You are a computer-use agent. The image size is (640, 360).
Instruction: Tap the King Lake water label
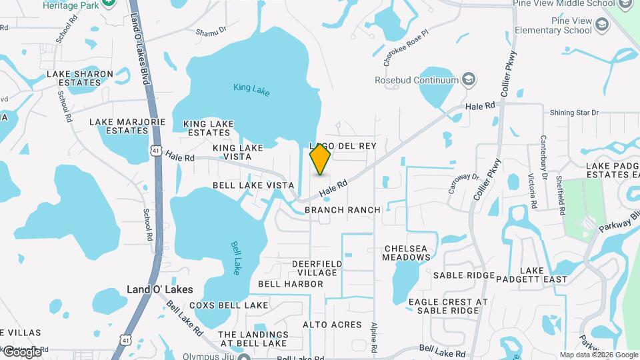251,89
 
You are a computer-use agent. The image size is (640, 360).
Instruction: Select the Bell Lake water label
235,257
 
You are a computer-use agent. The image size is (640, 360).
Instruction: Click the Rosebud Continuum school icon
469,80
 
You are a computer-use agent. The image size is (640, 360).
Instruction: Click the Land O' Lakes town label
159,289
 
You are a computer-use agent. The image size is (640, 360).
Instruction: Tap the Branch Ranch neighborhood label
342,210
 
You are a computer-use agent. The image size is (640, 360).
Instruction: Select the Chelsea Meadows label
407,253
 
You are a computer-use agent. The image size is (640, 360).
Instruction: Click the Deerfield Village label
318,268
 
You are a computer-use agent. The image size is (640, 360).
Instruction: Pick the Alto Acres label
332,325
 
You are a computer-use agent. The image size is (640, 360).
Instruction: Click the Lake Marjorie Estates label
127,127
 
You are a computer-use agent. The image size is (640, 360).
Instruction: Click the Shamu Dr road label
211,31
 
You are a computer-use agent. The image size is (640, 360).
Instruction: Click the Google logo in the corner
21,351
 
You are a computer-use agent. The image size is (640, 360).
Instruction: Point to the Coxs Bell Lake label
229,305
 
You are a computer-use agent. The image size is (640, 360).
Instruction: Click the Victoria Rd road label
533,189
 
